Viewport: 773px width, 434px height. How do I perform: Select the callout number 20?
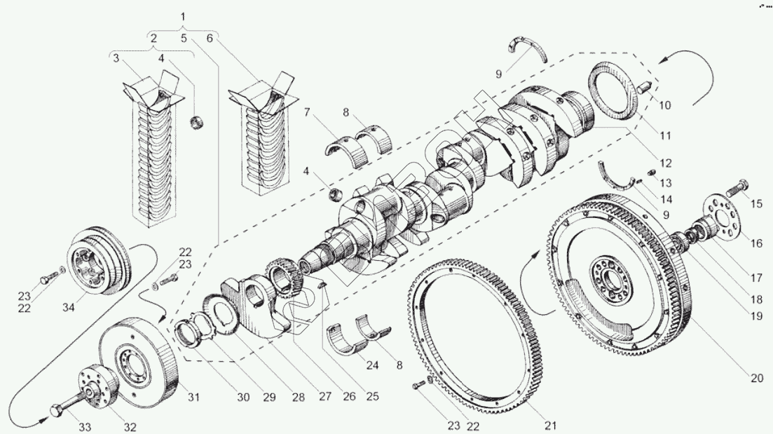(755, 379)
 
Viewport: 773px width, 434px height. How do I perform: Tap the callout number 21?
(550, 425)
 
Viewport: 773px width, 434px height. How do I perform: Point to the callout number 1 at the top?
(183, 15)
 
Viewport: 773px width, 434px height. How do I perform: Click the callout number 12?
(665, 163)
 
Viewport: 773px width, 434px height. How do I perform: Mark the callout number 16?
(756, 243)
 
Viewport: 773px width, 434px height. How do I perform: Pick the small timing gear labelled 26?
(284, 277)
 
